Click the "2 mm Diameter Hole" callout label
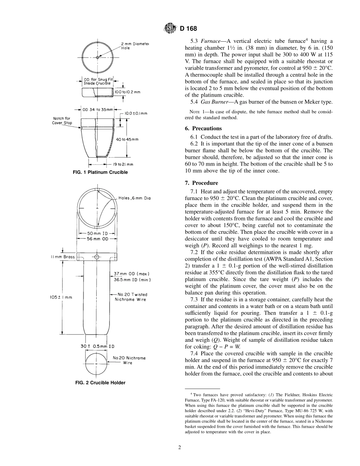point(135,46)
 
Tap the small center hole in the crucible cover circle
point(97,57)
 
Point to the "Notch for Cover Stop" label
point(62,120)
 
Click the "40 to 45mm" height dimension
point(127,139)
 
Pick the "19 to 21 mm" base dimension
point(123,164)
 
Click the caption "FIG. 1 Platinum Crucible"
point(100,172)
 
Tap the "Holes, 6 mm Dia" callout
point(134,198)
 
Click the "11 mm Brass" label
point(63,257)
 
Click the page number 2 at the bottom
point(180,447)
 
